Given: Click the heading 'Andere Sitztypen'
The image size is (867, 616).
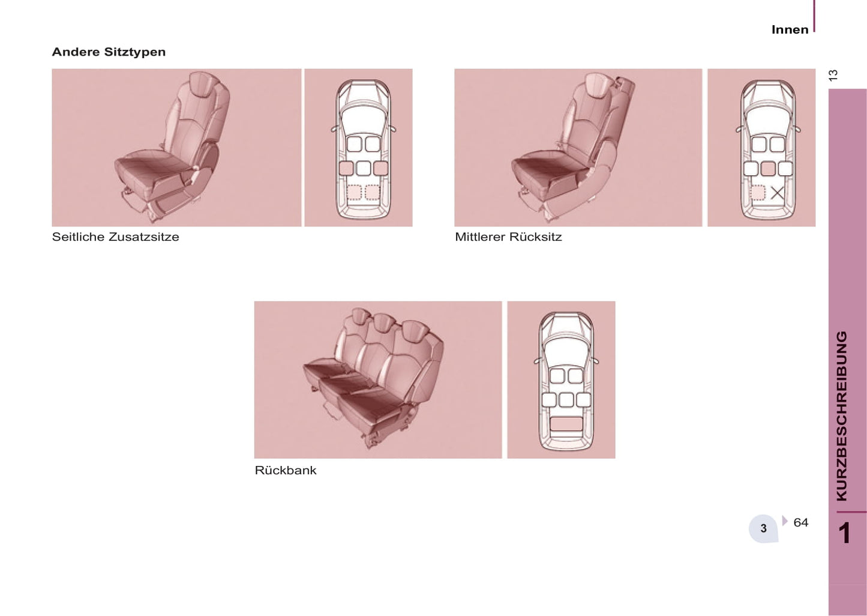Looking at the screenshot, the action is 109,52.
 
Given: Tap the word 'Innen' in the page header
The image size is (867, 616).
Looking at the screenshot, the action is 790,29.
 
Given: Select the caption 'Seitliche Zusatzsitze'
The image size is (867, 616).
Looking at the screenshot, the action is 115,237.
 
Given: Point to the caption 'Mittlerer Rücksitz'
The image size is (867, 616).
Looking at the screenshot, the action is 508,237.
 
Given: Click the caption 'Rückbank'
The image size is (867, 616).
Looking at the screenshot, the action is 285,470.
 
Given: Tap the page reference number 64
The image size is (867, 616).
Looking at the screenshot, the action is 801,522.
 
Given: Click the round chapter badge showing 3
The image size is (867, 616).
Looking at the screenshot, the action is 763,528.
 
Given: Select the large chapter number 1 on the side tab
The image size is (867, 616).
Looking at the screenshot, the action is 845,534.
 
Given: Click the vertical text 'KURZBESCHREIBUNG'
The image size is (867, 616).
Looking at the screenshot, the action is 842,416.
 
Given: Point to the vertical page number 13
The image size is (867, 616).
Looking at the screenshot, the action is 833,75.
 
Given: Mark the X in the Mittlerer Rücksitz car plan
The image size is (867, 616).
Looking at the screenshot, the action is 777,193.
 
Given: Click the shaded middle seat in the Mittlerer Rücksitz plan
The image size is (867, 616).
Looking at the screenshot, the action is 768,169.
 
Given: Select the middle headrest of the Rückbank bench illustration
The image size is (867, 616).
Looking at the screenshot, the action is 383,322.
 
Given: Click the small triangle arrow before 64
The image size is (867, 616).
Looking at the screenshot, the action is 785,521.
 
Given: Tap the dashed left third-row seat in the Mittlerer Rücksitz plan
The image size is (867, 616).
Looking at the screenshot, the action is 758,193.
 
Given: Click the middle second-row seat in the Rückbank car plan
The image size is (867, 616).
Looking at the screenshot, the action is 566,400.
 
